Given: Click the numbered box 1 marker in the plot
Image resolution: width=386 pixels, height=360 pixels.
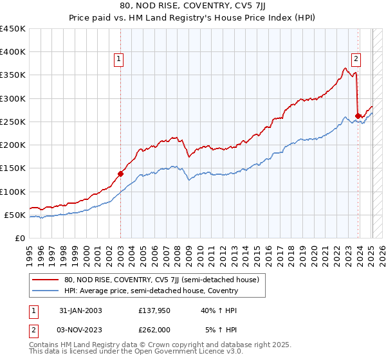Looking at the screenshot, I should click(x=120, y=60).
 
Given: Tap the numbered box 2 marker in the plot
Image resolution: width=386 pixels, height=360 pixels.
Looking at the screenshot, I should click(x=356, y=60).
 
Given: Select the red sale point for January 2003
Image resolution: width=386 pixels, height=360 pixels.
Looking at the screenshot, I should click(x=120, y=174).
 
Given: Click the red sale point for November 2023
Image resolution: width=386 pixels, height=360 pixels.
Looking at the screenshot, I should click(x=358, y=116).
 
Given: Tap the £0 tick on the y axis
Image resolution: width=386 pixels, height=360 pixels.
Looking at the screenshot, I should click(x=20, y=238).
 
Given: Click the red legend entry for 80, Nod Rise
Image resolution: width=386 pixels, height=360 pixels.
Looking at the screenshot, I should click(x=161, y=280).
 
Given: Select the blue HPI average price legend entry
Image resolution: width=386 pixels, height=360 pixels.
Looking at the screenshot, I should click(x=151, y=291).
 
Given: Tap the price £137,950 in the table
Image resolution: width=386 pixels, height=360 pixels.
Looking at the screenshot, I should click(x=155, y=310).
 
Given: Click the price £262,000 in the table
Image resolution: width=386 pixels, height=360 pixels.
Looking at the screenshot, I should click(x=155, y=329).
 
